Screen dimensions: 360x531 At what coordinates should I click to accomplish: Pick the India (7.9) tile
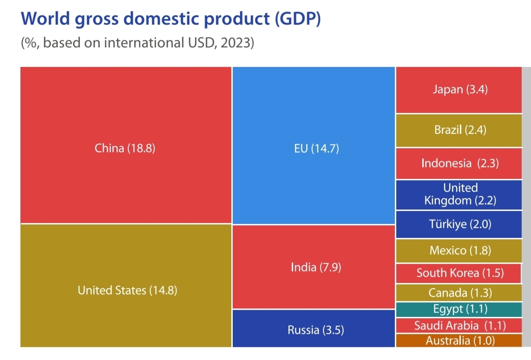coord(314,267)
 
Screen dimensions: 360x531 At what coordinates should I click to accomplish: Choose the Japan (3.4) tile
coord(459,90)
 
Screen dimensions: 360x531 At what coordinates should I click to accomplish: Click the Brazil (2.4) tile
coord(459,131)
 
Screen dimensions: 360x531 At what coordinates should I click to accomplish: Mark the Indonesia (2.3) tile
coord(459,164)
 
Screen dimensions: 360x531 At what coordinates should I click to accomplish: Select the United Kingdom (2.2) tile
coord(459,195)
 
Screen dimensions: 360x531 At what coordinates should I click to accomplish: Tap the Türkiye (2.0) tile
coord(459,225)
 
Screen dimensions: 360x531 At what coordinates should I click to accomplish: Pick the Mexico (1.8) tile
coord(459,251)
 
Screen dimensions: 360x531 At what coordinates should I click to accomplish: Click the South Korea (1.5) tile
coord(459,273)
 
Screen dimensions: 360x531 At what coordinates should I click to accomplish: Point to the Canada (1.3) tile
coord(459,293)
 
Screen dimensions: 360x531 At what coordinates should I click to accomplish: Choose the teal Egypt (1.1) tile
coord(459,309)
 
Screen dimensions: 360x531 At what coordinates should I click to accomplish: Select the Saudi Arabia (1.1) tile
coord(459,325)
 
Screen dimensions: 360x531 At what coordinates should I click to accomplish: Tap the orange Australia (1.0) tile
coord(459,340)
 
